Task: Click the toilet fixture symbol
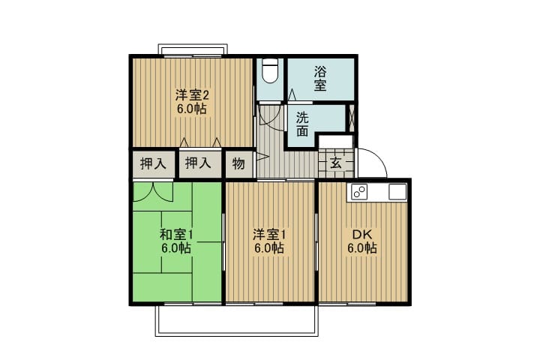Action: point(270,70)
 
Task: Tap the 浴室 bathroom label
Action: point(320,79)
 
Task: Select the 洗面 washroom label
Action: point(302,124)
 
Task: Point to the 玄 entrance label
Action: point(336,163)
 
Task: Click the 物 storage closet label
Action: point(238,163)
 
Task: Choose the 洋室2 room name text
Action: point(192,94)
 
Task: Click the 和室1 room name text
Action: point(176,235)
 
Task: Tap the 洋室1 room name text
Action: point(269,235)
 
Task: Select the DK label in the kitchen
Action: point(362,235)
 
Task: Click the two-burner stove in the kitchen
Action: point(359,192)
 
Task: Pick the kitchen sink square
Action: point(397,191)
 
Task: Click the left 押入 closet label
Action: point(153,163)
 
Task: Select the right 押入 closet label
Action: point(198,163)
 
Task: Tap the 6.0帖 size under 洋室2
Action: point(192,109)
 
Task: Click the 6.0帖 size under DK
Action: point(362,248)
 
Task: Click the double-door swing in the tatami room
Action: point(153,192)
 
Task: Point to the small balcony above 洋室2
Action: point(193,49)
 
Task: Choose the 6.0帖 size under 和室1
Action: point(176,248)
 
